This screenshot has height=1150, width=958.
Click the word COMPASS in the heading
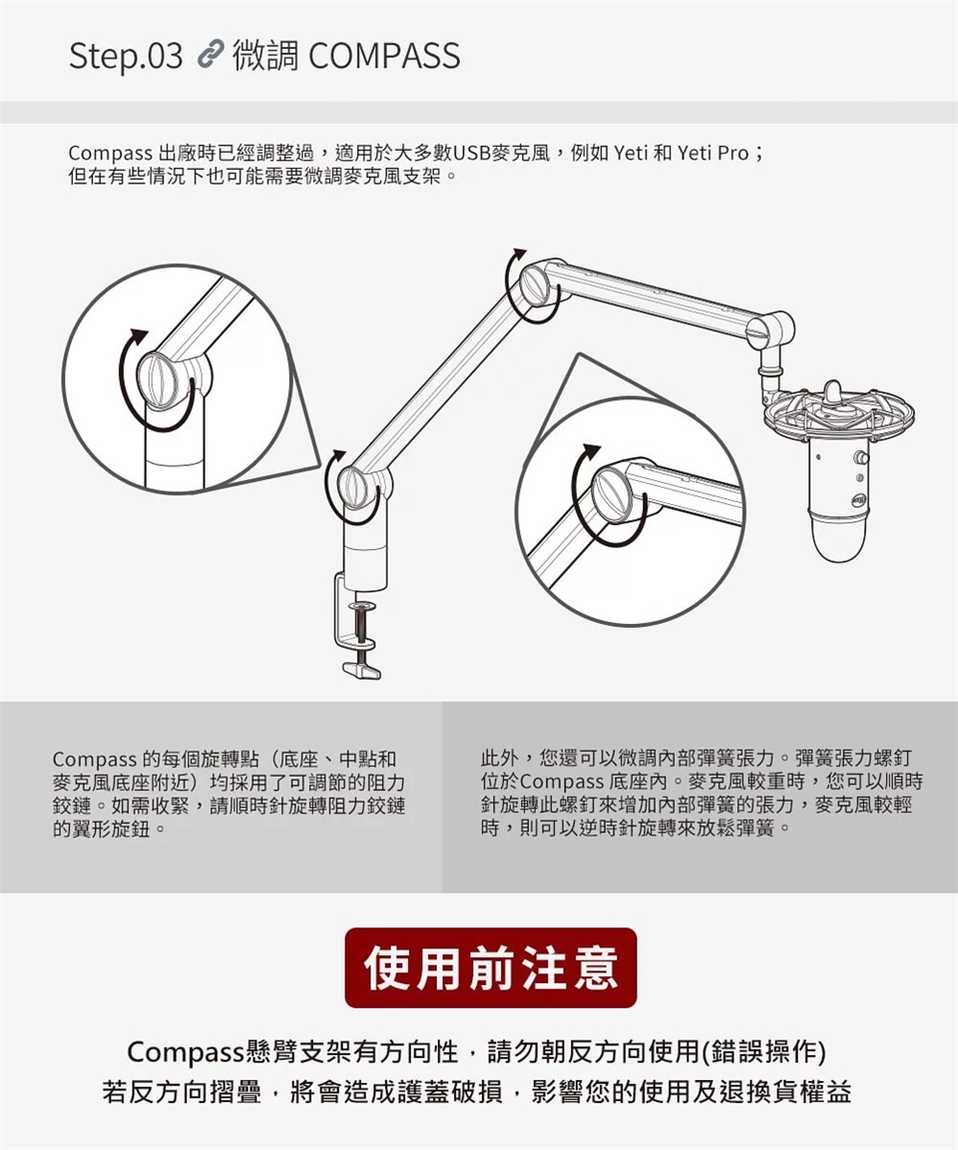384,56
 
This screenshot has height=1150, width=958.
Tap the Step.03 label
126,57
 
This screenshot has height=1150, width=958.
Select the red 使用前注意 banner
490,966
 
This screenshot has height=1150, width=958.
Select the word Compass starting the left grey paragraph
94,760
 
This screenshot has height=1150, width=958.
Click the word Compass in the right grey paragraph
562,782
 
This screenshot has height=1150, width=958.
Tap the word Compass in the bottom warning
187,1052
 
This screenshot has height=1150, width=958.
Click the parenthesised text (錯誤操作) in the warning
763,1052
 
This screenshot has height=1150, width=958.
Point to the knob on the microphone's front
862,458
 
